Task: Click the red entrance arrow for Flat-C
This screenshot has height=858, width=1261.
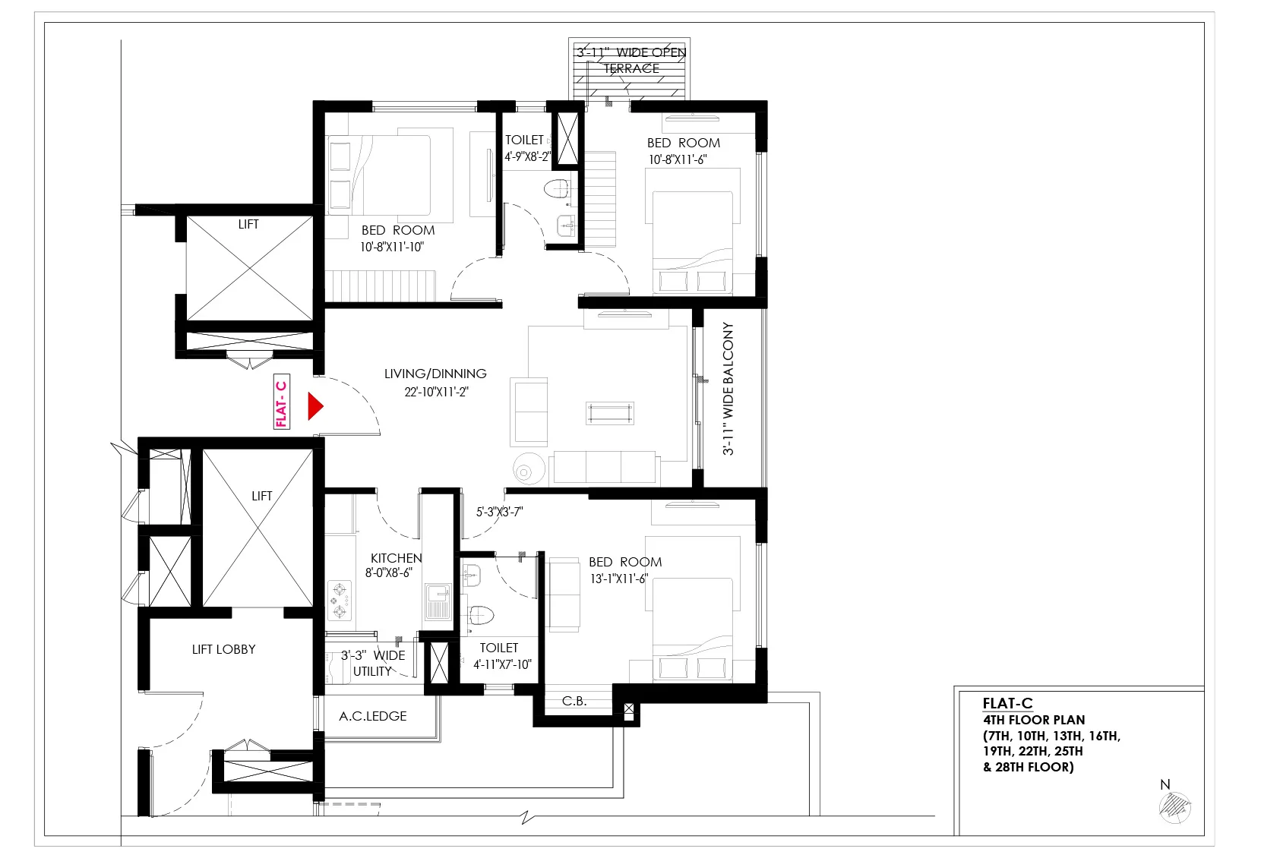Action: [x=315, y=406]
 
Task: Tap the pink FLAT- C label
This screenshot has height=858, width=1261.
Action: [x=282, y=402]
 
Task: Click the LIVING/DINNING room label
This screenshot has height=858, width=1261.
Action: [x=435, y=374]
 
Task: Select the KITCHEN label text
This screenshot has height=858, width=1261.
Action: [x=396, y=558]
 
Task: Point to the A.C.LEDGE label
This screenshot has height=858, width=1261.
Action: [x=372, y=716]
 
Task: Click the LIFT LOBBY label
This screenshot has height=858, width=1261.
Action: [x=223, y=649]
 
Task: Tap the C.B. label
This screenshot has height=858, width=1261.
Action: [x=574, y=701]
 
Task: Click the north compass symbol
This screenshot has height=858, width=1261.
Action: [x=1174, y=807]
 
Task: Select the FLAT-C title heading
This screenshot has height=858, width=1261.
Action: [x=1008, y=703]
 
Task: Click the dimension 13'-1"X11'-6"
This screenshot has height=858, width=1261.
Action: [x=619, y=579]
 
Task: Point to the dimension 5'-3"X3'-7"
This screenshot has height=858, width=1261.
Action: [x=499, y=512]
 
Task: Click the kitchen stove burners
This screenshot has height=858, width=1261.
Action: [x=340, y=601]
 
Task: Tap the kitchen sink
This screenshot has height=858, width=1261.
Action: [x=438, y=601]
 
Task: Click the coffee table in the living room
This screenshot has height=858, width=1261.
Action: [x=610, y=414]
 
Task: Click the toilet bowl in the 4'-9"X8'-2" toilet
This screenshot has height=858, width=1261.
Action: [x=557, y=188]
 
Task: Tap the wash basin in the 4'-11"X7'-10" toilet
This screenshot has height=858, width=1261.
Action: [x=471, y=576]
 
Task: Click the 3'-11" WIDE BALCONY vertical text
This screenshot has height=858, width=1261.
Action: [x=728, y=389]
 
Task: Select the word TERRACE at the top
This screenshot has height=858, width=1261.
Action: [x=631, y=68]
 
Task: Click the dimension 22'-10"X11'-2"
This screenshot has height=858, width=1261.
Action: [x=436, y=392]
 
